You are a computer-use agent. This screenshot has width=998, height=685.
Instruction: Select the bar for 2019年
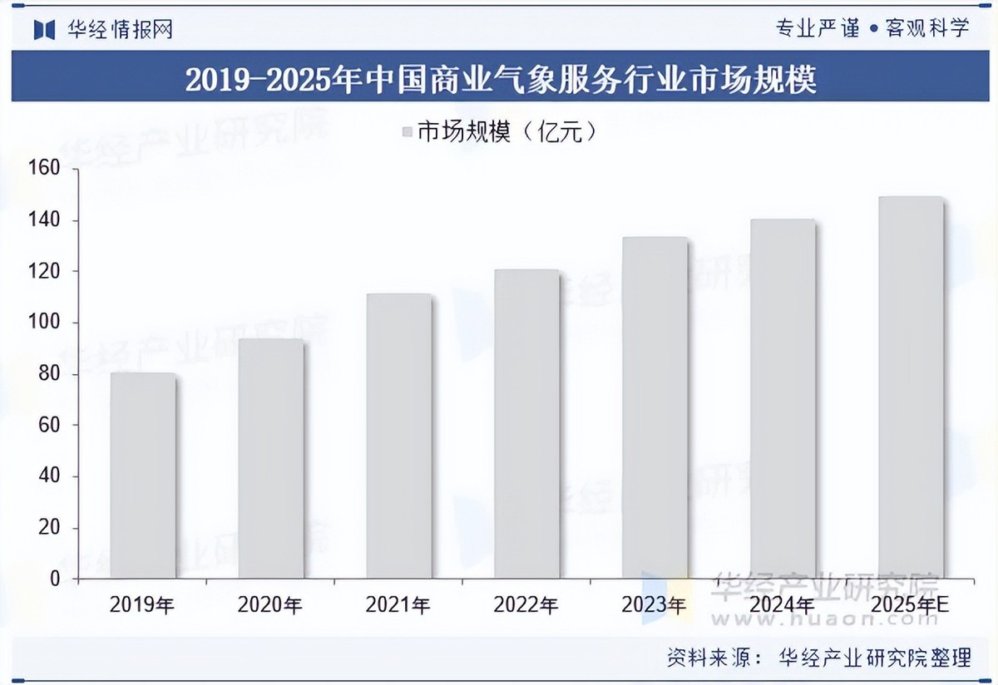(x=142, y=476)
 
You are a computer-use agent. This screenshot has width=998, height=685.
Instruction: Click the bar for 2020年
(x=270, y=458)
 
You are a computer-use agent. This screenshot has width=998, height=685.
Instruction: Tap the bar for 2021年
(x=398, y=436)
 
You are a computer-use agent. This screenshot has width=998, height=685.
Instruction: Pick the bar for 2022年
(x=526, y=424)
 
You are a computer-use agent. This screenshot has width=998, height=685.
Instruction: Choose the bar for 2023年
(x=655, y=407)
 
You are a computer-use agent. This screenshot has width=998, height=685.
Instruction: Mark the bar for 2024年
(x=783, y=399)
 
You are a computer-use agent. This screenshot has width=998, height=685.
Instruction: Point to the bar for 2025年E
(x=911, y=387)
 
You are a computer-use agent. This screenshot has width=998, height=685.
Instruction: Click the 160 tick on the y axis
(x=45, y=169)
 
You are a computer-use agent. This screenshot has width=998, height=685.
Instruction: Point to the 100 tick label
(x=45, y=323)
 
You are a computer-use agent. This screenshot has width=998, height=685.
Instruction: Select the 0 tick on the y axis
(x=55, y=579)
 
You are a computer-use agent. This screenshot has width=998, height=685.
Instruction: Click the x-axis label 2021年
(x=398, y=605)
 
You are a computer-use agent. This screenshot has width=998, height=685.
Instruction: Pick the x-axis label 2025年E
(x=911, y=605)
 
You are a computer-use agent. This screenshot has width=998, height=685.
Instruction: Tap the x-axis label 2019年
(x=142, y=605)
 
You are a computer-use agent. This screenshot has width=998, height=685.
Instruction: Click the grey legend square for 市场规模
(x=407, y=131)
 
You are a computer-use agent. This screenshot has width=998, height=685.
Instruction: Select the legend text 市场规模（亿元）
(x=507, y=131)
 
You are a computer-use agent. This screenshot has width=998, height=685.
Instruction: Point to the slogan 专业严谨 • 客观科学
(x=872, y=28)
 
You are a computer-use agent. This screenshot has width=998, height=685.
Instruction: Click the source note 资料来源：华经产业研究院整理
(x=818, y=658)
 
